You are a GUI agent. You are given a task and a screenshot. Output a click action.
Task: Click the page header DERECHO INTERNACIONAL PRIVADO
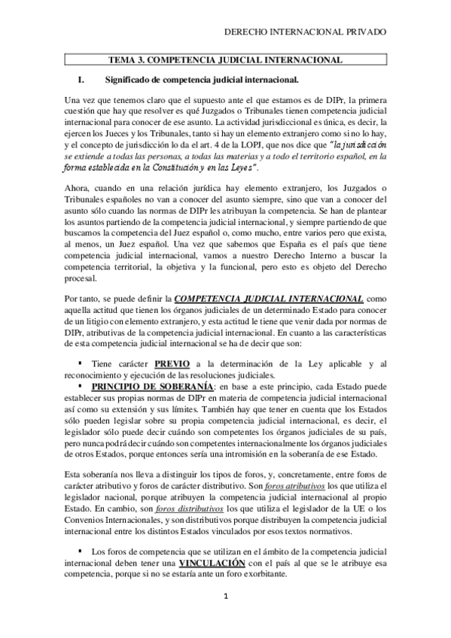tap(306, 33)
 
